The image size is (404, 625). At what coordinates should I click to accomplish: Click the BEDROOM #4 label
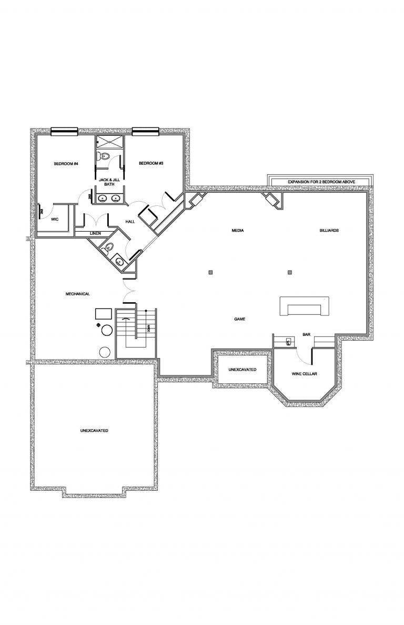point(66,164)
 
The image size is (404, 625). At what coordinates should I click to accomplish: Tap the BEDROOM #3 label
point(151,163)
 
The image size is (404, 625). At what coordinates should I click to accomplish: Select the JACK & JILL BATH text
point(109,182)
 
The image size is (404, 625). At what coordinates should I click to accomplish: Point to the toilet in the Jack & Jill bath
point(103,156)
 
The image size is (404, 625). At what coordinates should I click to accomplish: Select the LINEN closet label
point(95,233)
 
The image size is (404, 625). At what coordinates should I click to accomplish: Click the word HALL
point(130,222)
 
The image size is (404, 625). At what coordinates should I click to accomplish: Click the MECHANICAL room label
point(77,294)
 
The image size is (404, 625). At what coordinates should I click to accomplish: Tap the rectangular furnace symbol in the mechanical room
point(103,314)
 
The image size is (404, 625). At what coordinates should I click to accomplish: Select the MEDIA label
point(238,231)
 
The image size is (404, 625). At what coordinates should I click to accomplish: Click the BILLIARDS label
point(329,231)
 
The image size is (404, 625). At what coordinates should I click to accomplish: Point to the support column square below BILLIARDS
point(290,272)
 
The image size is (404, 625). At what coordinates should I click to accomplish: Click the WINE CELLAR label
point(304,374)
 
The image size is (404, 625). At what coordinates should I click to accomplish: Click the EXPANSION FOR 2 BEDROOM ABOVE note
point(321,182)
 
